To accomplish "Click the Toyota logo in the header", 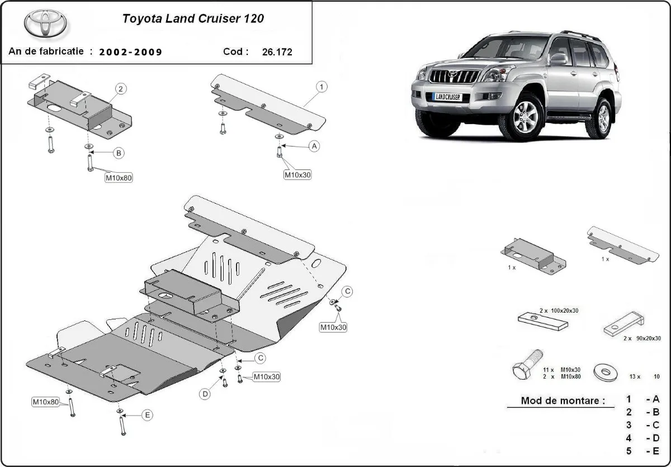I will pyautogui.click(x=45, y=23).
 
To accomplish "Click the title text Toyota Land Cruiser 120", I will pyautogui.click(x=193, y=18).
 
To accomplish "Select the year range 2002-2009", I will pyautogui.click(x=131, y=52).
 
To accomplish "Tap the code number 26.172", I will pyautogui.click(x=277, y=52).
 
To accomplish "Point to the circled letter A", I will pyautogui.click(x=314, y=146).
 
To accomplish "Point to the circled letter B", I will pyautogui.click(x=119, y=153).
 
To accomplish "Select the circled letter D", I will pyautogui.click(x=205, y=394).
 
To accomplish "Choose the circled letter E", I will pyautogui.click(x=147, y=415).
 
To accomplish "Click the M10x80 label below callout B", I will pyautogui.click(x=119, y=178).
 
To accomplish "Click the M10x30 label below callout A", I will pyautogui.click(x=297, y=174).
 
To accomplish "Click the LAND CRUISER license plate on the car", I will pyautogui.click(x=447, y=97).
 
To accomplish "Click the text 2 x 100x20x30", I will pyautogui.click(x=560, y=310).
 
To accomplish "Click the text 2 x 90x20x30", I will pyautogui.click(x=638, y=338).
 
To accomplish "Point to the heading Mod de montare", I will pyautogui.click(x=563, y=400).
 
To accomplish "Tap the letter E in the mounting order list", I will pyautogui.click(x=656, y=451).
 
